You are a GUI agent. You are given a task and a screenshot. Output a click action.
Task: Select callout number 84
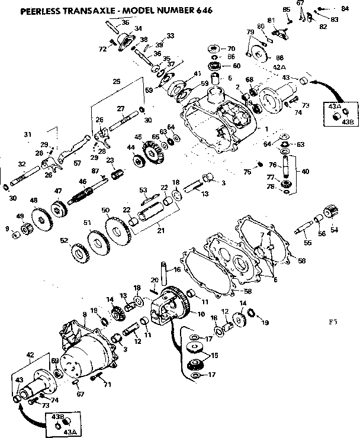tap(345, 8)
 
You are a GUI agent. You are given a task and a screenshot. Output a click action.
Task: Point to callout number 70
tap(232, 48)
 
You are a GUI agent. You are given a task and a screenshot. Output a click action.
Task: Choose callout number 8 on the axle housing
tap(85, 314)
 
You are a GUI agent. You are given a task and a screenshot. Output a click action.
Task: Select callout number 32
tap(22, 164)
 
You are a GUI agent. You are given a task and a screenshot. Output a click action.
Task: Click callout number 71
tap(108, 385)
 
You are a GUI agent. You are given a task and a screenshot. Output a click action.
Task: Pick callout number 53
tap(143, 189)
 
